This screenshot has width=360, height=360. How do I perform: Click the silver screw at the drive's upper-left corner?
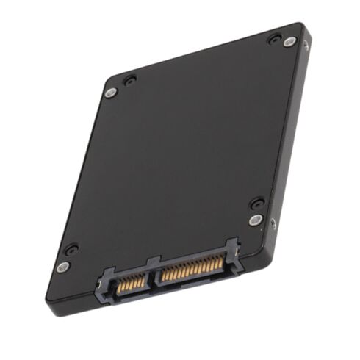pyautogui.click(x=111, y=92)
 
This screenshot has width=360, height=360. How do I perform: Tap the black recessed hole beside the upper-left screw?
pyautogui.click(x=129, y=79)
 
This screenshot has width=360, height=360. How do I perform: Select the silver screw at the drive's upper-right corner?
pyautogui.click(x=289, y=42)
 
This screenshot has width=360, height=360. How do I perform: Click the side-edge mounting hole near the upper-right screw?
pyautogui.click(x=306, y=45)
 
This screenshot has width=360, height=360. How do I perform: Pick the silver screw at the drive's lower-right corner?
pyautogui.click(x=254, y=219)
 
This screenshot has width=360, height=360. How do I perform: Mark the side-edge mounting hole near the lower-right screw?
pyautogui.click(x=273, y=223)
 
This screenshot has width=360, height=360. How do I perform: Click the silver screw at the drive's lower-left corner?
pyautogui.click(x=64, y=267)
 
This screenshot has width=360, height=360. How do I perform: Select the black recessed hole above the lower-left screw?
pyautogui.click(x=71, y=249)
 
